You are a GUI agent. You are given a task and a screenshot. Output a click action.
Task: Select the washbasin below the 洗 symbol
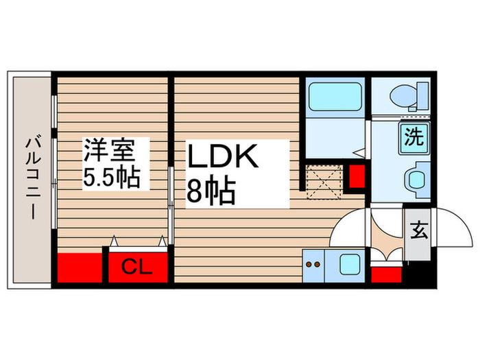[416, 180]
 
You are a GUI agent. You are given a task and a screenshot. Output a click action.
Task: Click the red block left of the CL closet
[78, 268]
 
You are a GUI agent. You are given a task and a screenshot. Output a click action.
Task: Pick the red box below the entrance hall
[386, 275]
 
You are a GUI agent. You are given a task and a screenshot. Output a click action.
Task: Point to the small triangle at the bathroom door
[358, 153]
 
